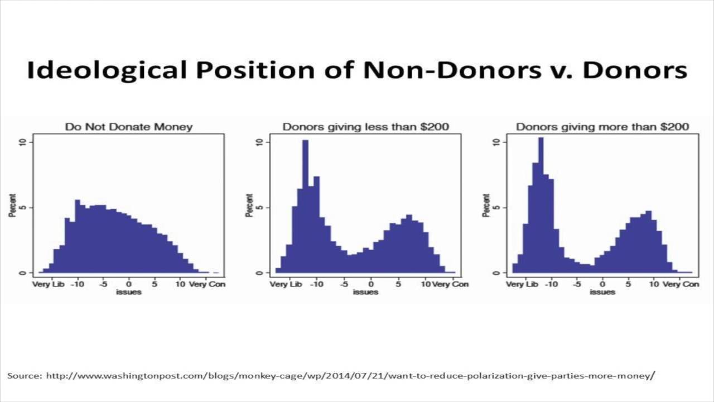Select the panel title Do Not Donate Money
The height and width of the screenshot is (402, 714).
point(129,127)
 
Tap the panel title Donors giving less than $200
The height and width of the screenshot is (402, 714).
point(365,127)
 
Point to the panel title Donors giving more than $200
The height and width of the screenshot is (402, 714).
point(602,127)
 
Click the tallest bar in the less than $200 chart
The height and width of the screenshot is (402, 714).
point(305,207)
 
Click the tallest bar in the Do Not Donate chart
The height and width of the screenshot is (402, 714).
point(78,237)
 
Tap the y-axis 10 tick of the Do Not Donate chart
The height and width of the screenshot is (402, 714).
point(22,142)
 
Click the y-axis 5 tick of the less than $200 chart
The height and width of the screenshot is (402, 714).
point(258,208)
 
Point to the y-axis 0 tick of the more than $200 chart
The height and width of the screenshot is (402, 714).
point(495,273)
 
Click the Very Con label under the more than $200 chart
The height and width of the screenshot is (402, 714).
point(683,284)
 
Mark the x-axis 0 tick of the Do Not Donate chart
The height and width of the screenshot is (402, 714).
point(129,284)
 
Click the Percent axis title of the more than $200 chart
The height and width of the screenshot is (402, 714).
point(486,205)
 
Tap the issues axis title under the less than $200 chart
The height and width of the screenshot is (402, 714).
point(365,292)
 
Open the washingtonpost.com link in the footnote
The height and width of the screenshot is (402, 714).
point(349,375)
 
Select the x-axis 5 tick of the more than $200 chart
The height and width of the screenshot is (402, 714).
point(629,284)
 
